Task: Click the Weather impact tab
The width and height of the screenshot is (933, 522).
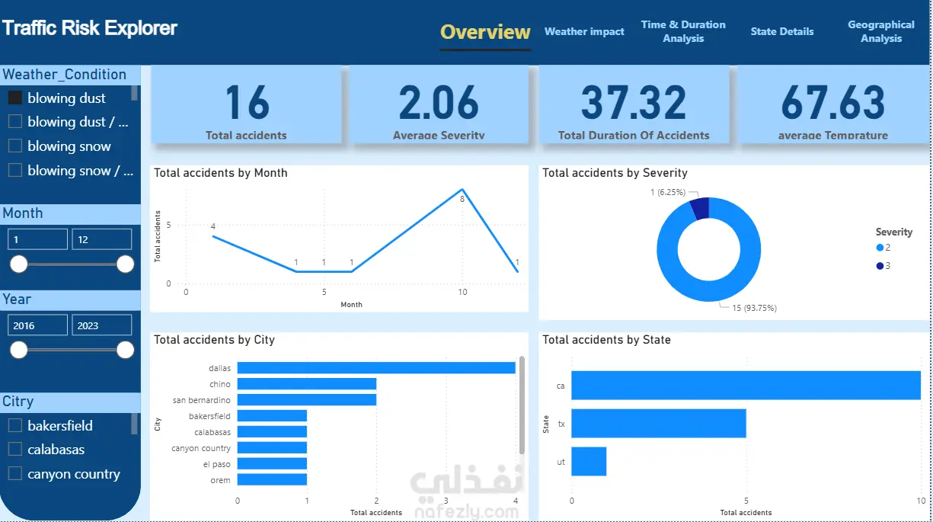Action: coord(584,32)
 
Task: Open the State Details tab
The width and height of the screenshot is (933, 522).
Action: coord(781,32)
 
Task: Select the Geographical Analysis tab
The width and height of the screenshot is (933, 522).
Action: coord(880,31)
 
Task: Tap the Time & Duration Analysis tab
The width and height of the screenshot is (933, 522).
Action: coord(683,31)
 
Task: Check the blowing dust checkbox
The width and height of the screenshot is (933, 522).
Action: coord(15,98)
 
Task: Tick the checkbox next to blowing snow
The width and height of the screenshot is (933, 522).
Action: coord(15,146)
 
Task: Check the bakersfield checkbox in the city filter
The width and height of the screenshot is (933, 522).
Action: coord(15,425)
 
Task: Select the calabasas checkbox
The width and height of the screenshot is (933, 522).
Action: coord(15,450)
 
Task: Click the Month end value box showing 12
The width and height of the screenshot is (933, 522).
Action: coord(101,239)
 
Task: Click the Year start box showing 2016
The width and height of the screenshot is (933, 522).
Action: coord(37,325)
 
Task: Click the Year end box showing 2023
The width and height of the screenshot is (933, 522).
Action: coord(101,325)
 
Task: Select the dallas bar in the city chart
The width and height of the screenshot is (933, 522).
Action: coord(376,368)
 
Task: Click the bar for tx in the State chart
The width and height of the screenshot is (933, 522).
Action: coord(658,423)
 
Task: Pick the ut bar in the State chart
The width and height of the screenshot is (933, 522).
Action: coord(589,461)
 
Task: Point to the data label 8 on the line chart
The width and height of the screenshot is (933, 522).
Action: coord(462,199)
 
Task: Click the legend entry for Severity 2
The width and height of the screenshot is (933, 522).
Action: coord(883,248)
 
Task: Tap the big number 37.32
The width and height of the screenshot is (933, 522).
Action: coord(634,103)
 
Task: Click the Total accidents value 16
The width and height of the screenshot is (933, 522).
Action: coord(248,103)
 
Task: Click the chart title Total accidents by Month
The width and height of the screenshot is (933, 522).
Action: coord(221,173)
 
